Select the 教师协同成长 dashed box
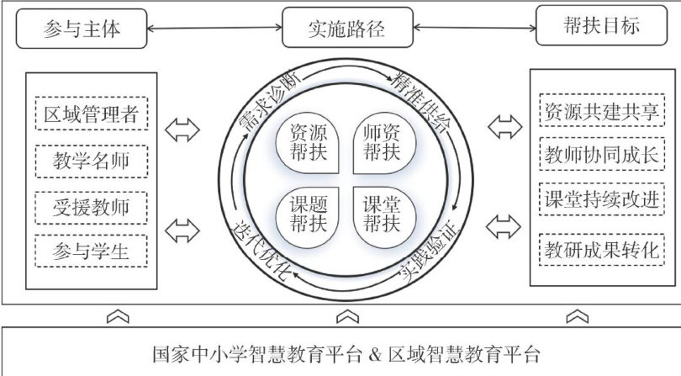603,156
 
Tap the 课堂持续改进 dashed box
603,202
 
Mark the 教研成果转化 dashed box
603,250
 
